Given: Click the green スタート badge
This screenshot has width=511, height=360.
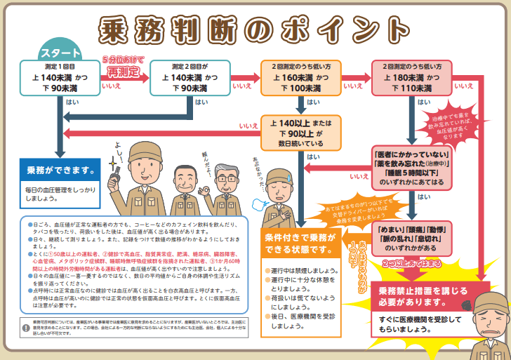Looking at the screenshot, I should click(60, 53).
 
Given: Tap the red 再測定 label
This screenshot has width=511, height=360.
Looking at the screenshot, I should click(124, 70).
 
